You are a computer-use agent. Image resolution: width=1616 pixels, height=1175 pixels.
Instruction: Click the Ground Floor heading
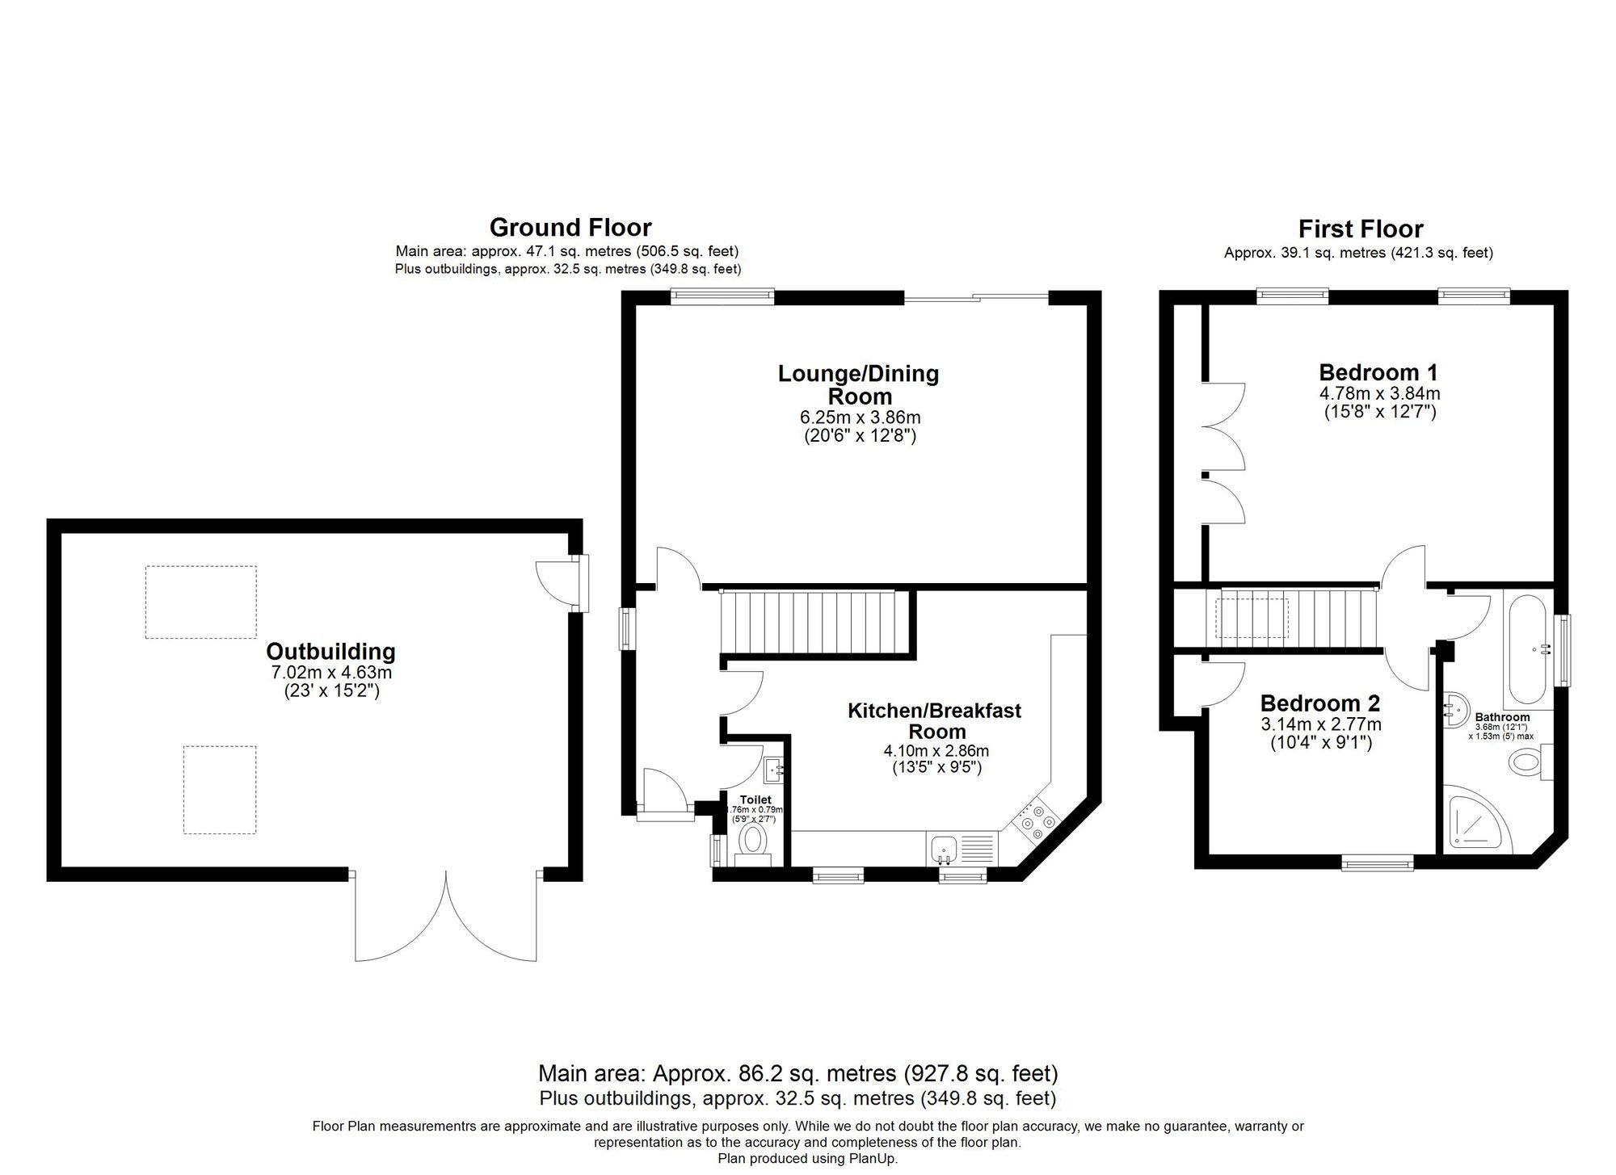pyautogui.click(x=570, y=227)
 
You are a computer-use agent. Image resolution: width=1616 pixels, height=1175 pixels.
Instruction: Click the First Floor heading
pyautogui.click(x=1361, y=229)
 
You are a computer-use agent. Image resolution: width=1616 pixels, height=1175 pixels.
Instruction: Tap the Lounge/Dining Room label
pyautogui.click(x=858, y=385)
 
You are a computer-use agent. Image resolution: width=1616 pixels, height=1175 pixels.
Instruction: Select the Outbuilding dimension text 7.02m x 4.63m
pyautogui.click(x=331, y=673)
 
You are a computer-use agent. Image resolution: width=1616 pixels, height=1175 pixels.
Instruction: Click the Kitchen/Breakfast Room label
pyautogui.click(x=935, y=721)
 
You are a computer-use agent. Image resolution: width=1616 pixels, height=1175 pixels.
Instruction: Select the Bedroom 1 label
pyautogui.click(x=1378, y=372)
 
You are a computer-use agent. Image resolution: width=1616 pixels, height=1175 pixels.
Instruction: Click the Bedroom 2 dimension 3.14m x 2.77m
pyautogui.click(x=1320, y=724)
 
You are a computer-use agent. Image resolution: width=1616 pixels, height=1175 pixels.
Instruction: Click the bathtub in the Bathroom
pyautogui.click(x=1527, y=649)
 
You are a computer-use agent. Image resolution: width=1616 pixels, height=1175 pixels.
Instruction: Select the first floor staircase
pyautogui.click(x=1293, y=615)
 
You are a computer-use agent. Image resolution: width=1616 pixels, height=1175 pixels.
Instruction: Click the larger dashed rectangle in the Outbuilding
pyautogui.click(x=200, y=602)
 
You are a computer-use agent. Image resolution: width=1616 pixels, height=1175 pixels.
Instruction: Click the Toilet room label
pyautogui.click(x=755, y=799)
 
